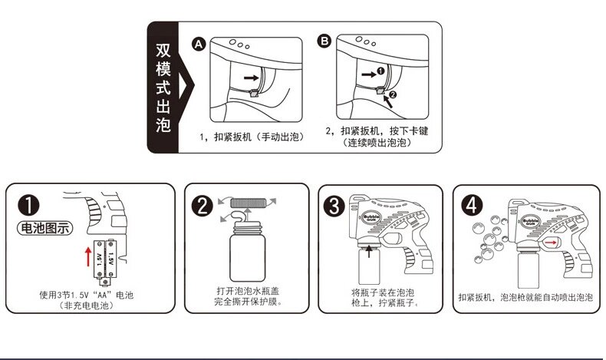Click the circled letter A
click(199, 45)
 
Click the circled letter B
click(324, 41)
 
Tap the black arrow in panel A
click(251, 78)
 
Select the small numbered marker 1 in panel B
click(380, 71)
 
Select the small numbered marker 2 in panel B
click(393, 94)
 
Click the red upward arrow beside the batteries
click(88, 256)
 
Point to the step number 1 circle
click(29, 205)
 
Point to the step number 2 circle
click(203, 206)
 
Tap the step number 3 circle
click(334, 206)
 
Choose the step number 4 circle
click(472, 205)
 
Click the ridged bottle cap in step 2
click(248, 203)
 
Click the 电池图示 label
click(44, 228)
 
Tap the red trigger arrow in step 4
click(551, 243)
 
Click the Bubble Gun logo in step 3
click(371, 217)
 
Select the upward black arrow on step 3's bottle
click(369, 250)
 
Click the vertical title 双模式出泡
click(163, 88)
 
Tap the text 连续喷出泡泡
click(377, 143)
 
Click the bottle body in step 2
click(247, 257)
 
